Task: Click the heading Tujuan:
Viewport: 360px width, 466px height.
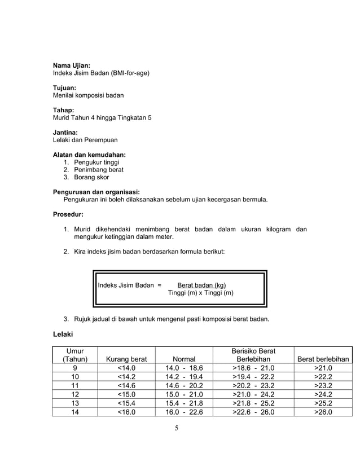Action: [64, 88]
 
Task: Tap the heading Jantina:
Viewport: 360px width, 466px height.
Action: [65, 132]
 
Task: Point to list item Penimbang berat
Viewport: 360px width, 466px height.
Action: [99, 169]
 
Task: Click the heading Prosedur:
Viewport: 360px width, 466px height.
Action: [68, 214]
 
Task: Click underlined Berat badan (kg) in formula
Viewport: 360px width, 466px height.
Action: [201, 285]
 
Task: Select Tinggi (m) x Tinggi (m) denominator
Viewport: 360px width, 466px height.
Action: [201, 293]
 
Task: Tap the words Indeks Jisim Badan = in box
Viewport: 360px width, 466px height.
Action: [130, 285]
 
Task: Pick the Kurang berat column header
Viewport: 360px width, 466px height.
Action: [122, 359]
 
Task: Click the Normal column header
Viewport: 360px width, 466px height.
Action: [184, 359]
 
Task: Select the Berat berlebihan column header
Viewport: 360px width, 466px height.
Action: [323, 359]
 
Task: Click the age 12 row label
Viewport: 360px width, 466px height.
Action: [74, 394]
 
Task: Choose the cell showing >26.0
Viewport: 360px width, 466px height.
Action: [323, 412]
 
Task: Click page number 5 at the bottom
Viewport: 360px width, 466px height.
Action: [176, 428]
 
